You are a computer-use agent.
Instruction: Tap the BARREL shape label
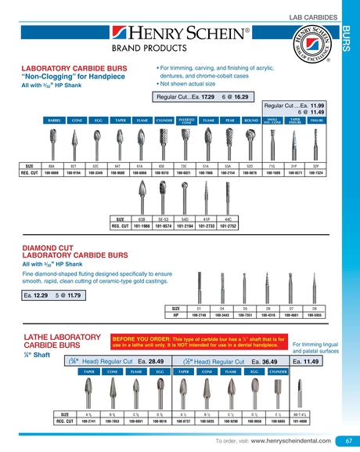point(52,121)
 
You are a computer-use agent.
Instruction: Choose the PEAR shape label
point(230,121)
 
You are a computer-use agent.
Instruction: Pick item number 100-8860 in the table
point(52,173)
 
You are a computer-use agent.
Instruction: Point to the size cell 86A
point(52,166)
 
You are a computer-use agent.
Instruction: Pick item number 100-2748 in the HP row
point(200,316)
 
